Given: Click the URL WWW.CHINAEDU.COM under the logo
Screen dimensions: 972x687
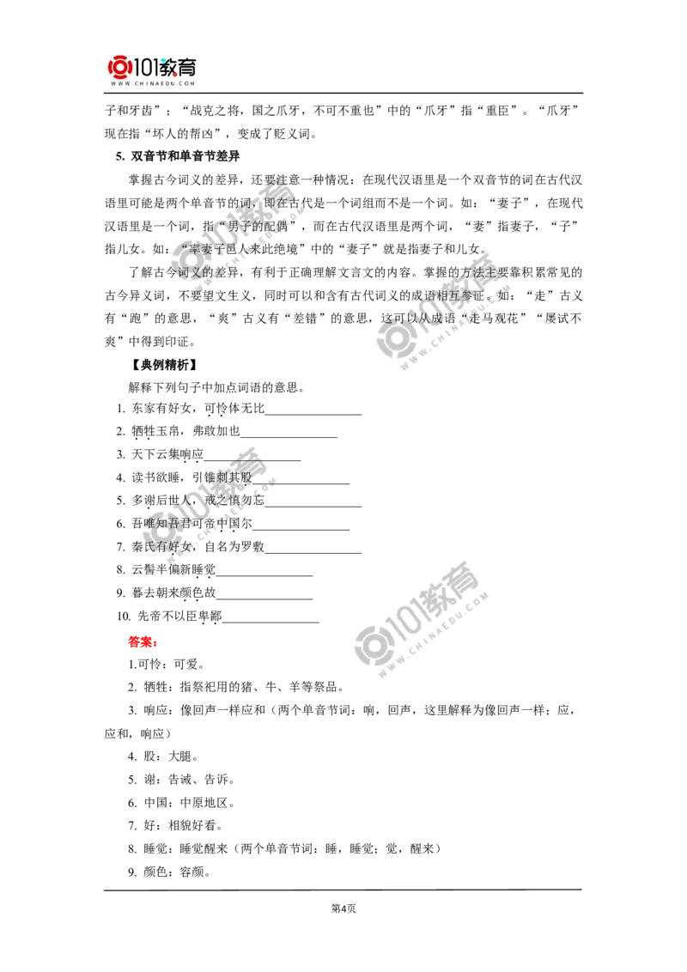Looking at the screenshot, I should [x=155, y=84].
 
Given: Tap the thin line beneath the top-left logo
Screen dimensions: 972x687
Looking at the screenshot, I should [x=155, y=94].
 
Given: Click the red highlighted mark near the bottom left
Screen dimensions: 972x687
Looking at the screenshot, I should [x=141, y=641].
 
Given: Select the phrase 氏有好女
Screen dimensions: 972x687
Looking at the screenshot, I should [x=167, y=547].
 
